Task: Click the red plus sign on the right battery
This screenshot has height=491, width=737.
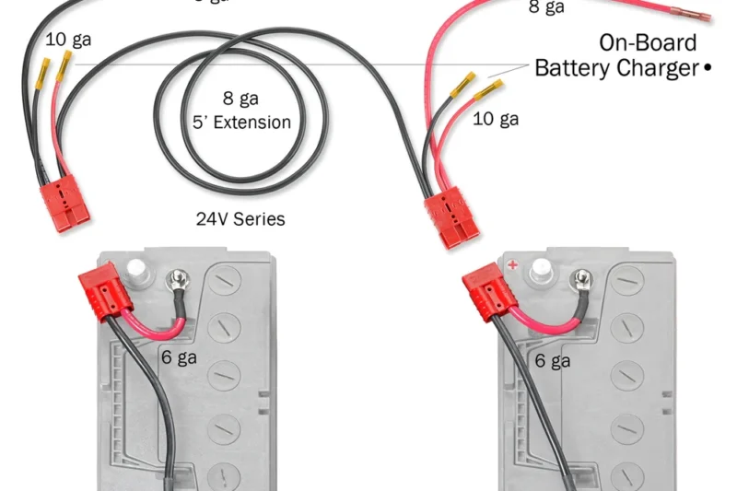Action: [x=512, y=265]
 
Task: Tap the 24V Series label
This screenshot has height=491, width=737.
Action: [x=240, y=219]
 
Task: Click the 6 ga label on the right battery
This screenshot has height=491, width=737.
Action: [x=553, y=361]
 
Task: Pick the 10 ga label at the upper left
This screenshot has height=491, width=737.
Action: [x=68, y=40]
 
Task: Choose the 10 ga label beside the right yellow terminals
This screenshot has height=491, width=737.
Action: [x=496, y=118]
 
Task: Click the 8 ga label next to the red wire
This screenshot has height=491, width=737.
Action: [x=546, y=8]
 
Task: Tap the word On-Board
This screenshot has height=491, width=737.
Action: [x=648, y=42]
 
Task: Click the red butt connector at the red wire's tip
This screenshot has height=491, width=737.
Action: [x=690, y=17]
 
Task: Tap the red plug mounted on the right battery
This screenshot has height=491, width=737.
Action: [x=484, y=288]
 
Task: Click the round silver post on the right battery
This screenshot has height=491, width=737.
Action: [x=543, y=269]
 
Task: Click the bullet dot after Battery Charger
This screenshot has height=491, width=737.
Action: [x=708, y=68]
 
